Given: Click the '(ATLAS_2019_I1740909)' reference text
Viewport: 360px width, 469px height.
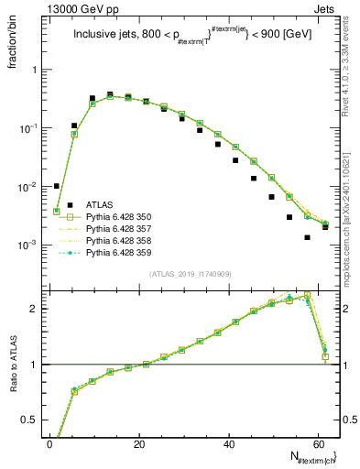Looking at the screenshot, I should click(189, 274).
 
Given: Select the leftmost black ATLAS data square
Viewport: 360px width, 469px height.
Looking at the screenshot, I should click(57, 186).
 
